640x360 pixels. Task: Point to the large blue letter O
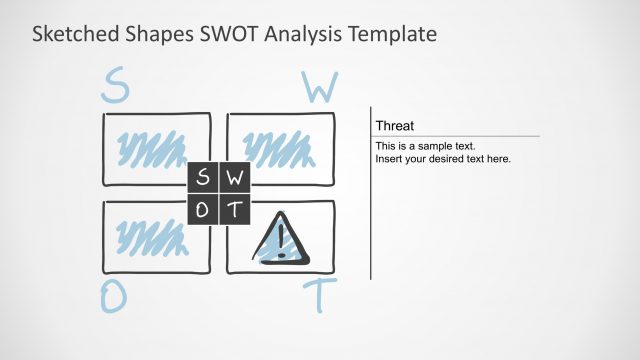(114, 298)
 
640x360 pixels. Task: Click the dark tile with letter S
(203, 179)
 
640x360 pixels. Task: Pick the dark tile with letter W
(234, 179)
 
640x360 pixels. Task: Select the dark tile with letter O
(203, 210)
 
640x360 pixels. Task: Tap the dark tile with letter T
(234, 210)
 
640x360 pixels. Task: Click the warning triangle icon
(281, 240)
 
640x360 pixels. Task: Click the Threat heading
(395, 126)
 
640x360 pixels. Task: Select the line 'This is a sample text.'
(426, 146)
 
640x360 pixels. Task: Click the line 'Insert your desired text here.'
(443, 159)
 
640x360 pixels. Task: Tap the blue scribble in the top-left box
(151, 150)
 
